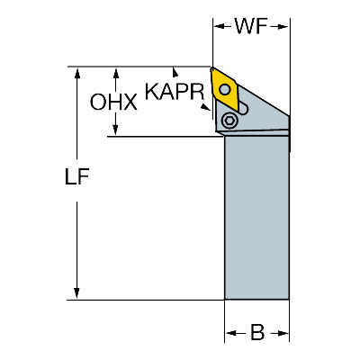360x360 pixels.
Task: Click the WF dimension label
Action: pyautogui.click(x=251, y=26)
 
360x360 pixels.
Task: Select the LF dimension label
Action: pyautogui.click(x=76, y=176)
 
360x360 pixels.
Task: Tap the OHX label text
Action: pyautogui.click(x=113, y=102)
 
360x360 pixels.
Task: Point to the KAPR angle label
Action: pyautogui.click(x=175, y=91)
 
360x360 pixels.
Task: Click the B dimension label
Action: pyautogui.click(x=257, y=332)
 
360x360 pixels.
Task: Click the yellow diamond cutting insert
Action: pyautogui.click(x=224, y=89)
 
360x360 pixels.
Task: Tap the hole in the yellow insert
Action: pyautogui.click(x=224, y=88)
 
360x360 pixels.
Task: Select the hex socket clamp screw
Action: pyautogui.click(x=229, y=121)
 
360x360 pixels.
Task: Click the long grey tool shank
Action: pyautogui.click(x=256, y=218)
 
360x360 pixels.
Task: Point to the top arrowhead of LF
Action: pyautogui.click(x=77, y=73)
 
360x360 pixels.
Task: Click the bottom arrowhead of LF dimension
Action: pyautogui.click(x=76, y=292)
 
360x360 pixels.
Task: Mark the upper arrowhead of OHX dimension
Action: pyautogui.click(x=115, y=73)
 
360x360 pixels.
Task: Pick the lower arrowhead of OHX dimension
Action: pyautogui.click(x=115, y=130)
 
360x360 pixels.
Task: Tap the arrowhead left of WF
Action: pyautogui.click(x=219, y=26)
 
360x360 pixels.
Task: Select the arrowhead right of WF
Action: pyautogui.click(x=283, y=27)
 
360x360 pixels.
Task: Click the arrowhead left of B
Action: pyautogui.click(x=231, y=333)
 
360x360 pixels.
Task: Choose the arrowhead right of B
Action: pyautogui.click(x=283, y=333)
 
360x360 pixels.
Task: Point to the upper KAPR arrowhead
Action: pyautogui.click(x=175, y=72)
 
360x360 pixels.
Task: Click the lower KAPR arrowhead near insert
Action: pyautogui.click(x=205, y=107)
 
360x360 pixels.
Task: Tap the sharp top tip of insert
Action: pyautogui.click(x=211, y=68)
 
